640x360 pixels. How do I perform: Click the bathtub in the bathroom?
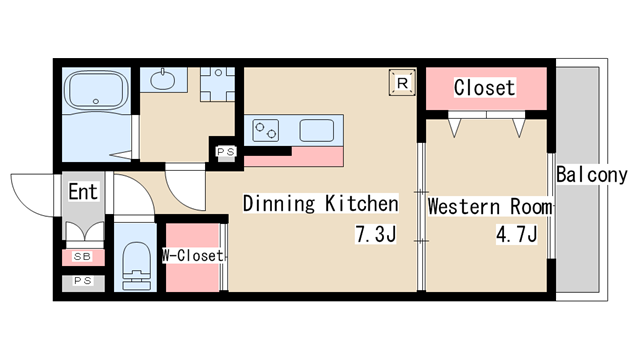(x=96, y=90)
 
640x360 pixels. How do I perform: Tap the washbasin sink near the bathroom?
(x=162, y=80)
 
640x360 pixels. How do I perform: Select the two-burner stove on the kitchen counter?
(x=265, y=131)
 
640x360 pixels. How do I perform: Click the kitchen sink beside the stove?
(x=317, y=131)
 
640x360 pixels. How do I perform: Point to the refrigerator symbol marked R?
(x=402, y=83)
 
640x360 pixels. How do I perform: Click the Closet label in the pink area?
(x=484, y=87)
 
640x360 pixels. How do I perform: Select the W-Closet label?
(x=193, y=256)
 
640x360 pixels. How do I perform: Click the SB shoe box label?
(x=82, y=257)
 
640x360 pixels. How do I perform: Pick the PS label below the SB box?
(x=83, y=281)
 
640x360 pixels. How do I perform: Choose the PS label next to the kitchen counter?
(x=226, y=152)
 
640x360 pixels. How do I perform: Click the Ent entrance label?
(x=83, y=192)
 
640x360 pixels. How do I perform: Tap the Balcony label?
(x=591, y=175)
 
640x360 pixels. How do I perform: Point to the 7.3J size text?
(x=376, y=234)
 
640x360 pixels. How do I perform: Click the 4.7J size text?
(x=517, y=234)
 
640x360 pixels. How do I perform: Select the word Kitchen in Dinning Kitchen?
(x=362, y=203)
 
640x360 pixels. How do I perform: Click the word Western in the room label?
(x=464, y=206)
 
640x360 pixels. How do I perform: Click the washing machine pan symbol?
(x=218, y=84)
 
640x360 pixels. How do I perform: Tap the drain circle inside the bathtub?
(x=96, y=101)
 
